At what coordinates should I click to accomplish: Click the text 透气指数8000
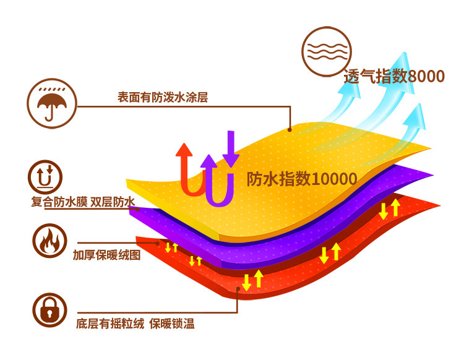coord(394,77)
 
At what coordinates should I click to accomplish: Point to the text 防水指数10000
coord(302,179)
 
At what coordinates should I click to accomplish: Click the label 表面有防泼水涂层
coord(163,98)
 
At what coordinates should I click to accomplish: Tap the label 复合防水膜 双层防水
coord(83,202)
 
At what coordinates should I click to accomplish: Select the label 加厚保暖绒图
coord(106,254)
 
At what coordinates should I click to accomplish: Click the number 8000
coord(427,77)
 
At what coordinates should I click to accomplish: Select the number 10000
coord(335,179)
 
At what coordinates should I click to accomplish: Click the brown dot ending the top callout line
coord(290,129)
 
